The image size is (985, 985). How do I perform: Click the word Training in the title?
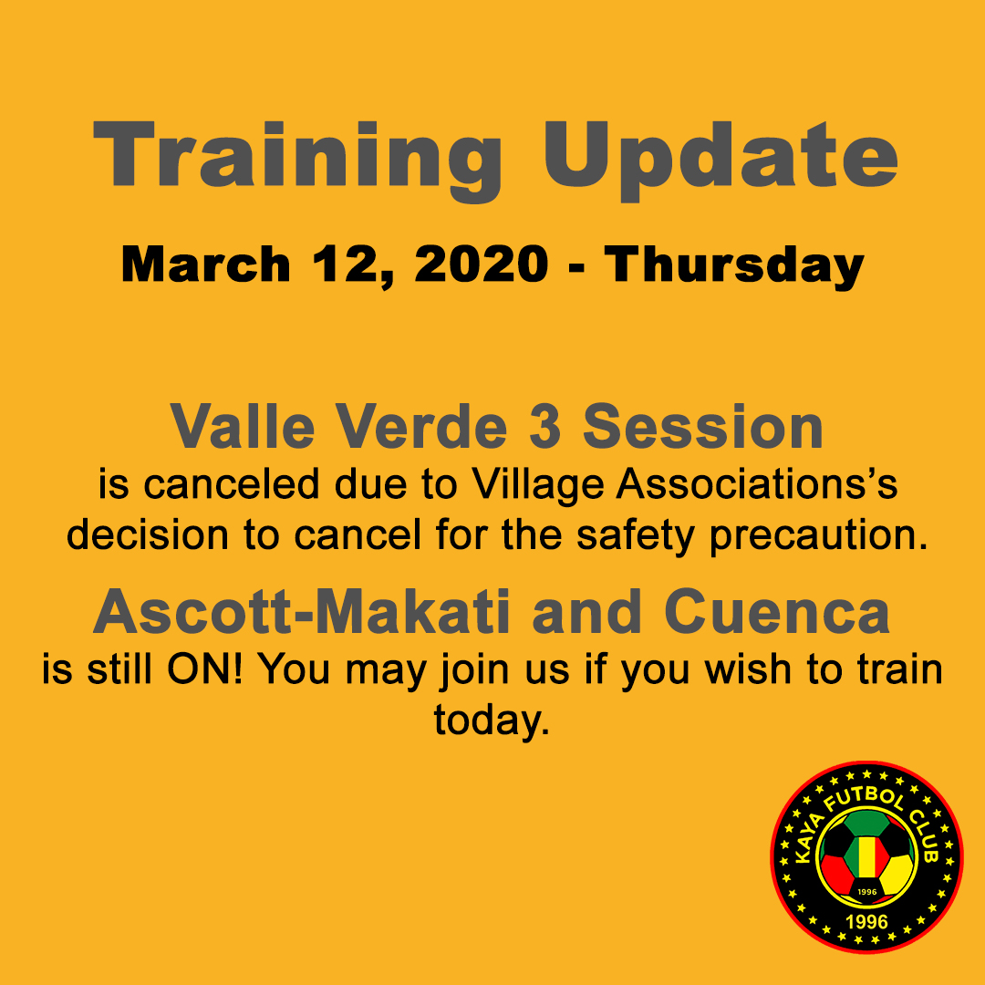click(x=297, y=161)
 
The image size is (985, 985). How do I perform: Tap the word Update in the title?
click(x=720, y=161)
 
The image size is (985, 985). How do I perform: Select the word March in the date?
click(x=205, y=264)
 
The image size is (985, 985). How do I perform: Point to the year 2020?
click(x=482, y=264)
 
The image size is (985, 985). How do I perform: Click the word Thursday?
click(x=734, y=267)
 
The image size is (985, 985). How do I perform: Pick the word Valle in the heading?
click(x=242, y=427)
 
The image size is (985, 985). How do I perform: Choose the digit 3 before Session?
click(x=544, y=427)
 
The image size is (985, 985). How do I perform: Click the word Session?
click(x=703, y=427)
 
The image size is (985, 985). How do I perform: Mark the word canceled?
click(x=231, y=484)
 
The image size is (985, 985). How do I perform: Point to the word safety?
click(x=635, y=538)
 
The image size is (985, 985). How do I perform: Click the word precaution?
click(x=818, y=538)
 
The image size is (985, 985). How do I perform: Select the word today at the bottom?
click(x=492, y=721)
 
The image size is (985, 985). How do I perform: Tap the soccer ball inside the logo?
click(x=867, y=858)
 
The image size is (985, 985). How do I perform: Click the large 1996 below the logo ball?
click(x=867, y=922)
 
